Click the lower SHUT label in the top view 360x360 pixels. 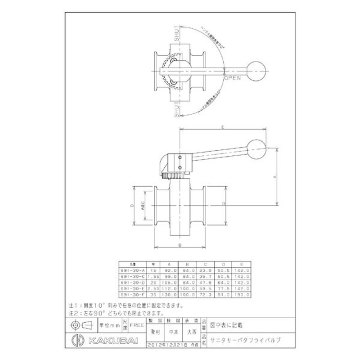[176, 108]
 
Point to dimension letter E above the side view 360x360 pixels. [224, 128]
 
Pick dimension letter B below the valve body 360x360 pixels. [180, 245]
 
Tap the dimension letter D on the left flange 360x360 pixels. [132, 205]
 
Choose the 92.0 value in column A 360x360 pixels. [169, 270]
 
